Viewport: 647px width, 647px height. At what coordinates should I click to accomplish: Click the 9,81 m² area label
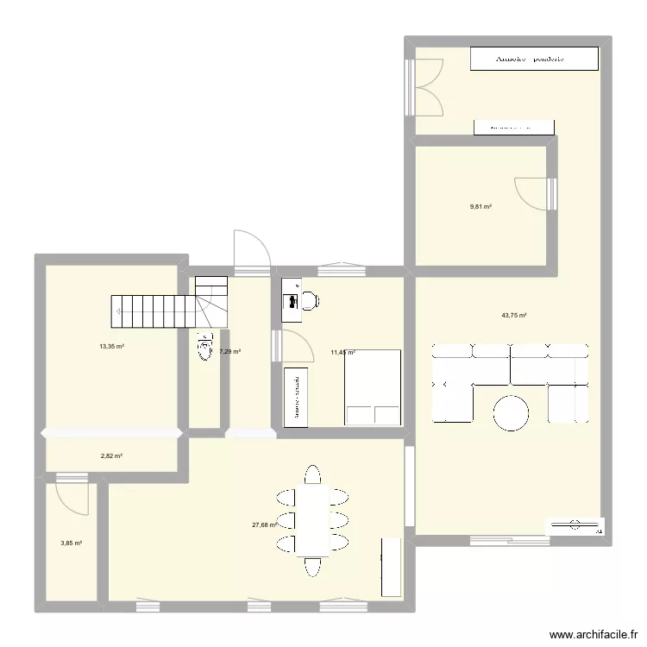(x=481, y=207)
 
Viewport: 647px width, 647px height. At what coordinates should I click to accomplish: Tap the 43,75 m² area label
(x=514, y=316)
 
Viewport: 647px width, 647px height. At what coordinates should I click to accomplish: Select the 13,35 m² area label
(x=112, y=347)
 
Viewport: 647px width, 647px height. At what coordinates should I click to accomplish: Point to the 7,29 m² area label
(x=231, y=352)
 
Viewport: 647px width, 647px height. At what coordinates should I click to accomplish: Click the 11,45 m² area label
(x=343, y=352)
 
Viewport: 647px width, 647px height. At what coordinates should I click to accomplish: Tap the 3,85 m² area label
(x=72, y=543)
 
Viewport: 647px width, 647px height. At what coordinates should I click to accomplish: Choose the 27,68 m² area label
(x=264, y=525)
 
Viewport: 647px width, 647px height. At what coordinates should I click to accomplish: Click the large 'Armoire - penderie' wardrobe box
(x=534, y=59)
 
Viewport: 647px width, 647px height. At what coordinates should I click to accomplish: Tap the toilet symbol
(x=205, y=348)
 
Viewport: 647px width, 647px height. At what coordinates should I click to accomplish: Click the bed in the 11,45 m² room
(x=373, y=387)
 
